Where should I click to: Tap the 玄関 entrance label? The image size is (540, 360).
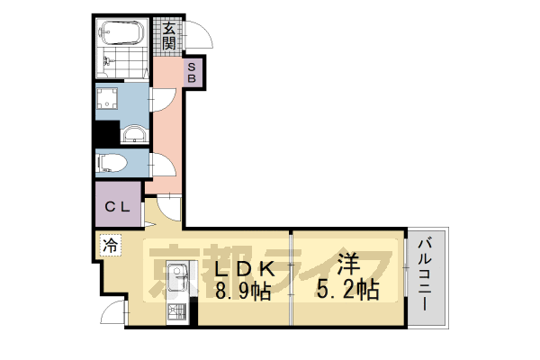168,35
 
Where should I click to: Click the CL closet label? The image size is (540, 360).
118,207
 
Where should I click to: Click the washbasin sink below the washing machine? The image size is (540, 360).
133,135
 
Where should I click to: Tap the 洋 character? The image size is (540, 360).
347,266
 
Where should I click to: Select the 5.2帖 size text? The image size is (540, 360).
347,291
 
